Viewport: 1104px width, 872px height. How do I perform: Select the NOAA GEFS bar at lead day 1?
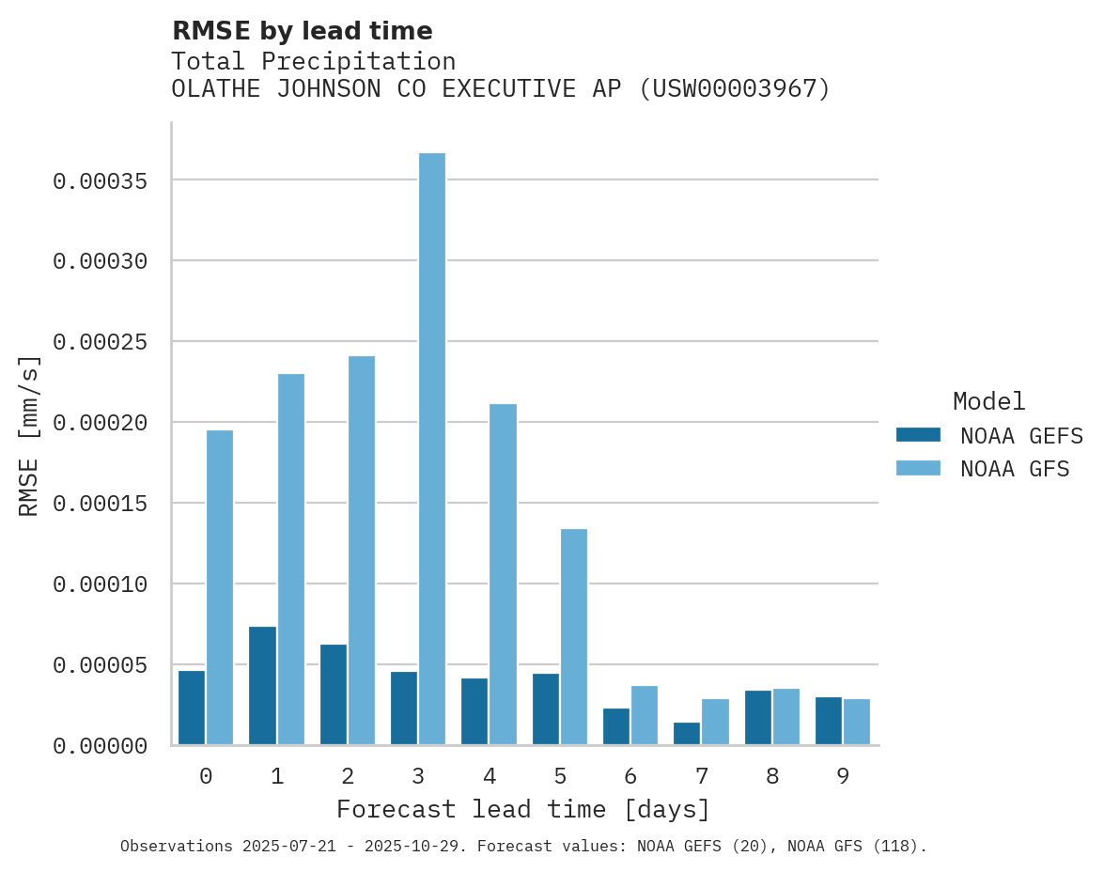click(x=262, y=686)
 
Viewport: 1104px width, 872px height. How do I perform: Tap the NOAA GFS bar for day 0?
click(x=220, y=587)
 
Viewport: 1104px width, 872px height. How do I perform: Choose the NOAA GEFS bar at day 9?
click(x=829, y=721)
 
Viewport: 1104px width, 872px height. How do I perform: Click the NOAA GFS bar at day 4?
click(x=504, y=574)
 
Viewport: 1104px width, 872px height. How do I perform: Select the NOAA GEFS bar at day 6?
click(x=616, y=726)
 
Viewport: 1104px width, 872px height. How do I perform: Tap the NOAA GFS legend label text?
click(x=1015, y=469)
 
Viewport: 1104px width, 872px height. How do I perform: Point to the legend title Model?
click(x=988, y=401)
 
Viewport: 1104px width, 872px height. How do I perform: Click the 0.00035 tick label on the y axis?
click(x=101, y=180)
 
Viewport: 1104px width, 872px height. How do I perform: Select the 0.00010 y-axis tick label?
click(x=101, y=584)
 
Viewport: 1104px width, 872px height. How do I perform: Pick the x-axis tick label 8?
click(x=772, y=777)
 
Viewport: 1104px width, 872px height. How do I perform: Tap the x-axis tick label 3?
click(x=418, y=777)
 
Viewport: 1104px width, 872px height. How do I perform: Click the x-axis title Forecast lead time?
click(x=523, y=809)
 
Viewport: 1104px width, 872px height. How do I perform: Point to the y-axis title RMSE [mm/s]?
click(x=30, y=435)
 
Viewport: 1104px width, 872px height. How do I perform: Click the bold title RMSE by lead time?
click(x=303, y=31)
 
